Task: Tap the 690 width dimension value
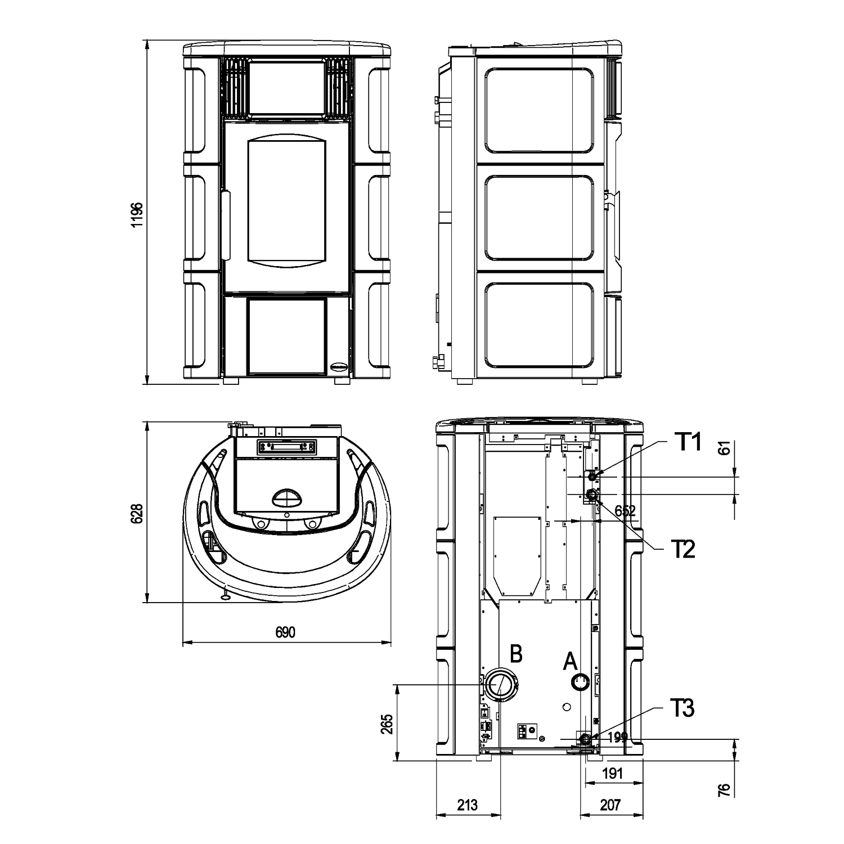(x=285, y=632)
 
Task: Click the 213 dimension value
(x=468, y=805)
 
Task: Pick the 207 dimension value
(x=610, y=805)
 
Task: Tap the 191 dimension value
(x=612, y=774)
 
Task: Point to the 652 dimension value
(x=625, y=511)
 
